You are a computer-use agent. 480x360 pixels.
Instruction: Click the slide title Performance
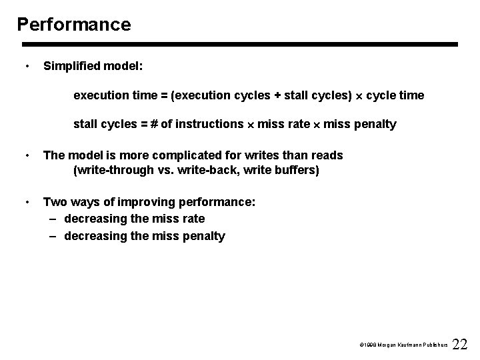[x=74, y=25]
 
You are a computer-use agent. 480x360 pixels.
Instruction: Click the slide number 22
[x=459, y=344]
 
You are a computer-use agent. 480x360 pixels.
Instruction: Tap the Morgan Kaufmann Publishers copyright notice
[x=402, y=347]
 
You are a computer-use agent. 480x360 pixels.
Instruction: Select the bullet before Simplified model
[x=25, y=67]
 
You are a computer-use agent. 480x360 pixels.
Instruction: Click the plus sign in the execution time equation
[x=277, y=95]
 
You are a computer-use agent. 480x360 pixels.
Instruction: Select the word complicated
[x=171, y=155]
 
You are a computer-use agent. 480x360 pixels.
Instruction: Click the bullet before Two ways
[x=25, y=201]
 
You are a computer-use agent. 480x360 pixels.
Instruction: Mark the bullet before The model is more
[x=25, y=155]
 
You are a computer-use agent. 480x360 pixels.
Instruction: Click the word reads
[x=326, y=155]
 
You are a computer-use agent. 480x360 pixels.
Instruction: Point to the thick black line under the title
[x=240, y=45]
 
